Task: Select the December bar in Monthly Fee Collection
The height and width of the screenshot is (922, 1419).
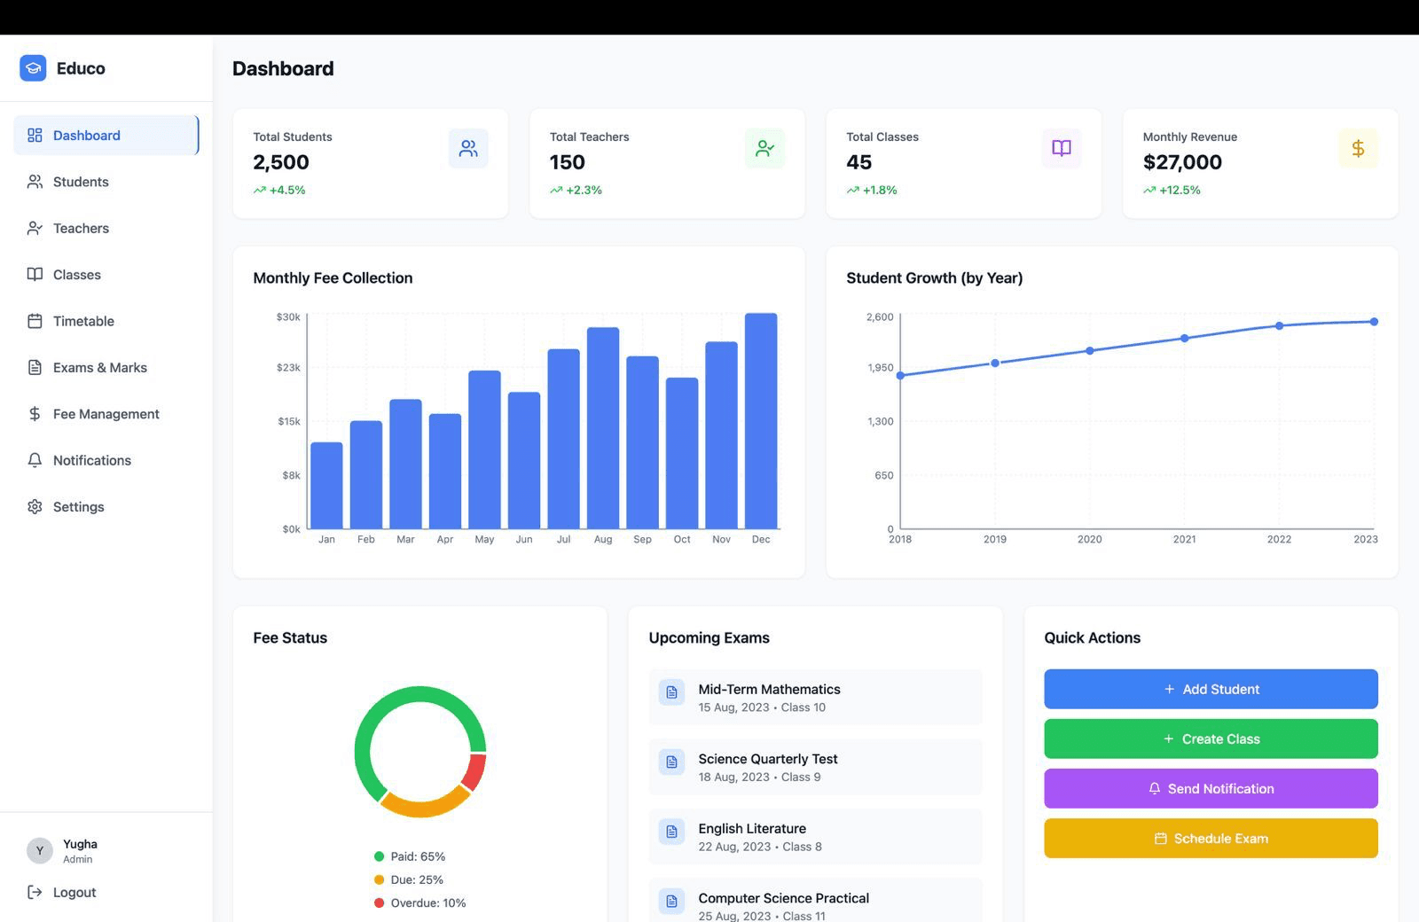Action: pos(761,421)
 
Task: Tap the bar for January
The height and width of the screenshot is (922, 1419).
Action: pos(326,485)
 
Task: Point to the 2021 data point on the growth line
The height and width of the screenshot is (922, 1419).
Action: pos(1184,338)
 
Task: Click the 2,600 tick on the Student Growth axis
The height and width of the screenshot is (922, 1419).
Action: pos(880,317)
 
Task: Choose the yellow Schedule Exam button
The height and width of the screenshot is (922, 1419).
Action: pos(1211,838)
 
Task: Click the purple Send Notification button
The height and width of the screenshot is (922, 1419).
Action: pos(1211,788)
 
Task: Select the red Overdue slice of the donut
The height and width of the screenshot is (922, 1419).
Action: pos(474,771)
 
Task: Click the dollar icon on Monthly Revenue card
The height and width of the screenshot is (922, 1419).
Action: pos(1358,148)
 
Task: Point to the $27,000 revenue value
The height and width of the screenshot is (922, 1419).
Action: pos(1182,162)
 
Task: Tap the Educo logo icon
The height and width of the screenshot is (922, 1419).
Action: pos(33,68)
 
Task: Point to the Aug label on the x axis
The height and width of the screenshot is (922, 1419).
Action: pos(603,539)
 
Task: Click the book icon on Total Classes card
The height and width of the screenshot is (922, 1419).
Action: pos(1061,148)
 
